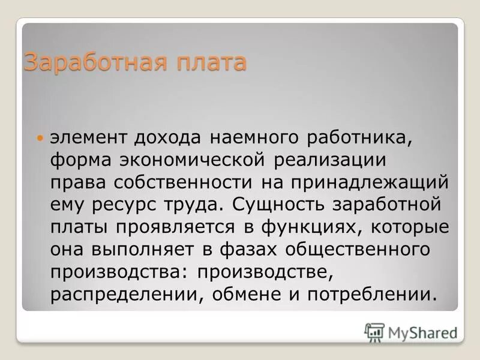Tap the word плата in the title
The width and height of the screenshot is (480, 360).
(208, 62)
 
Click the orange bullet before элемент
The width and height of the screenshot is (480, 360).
(41, 139)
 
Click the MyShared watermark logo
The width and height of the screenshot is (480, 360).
(411, 332)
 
